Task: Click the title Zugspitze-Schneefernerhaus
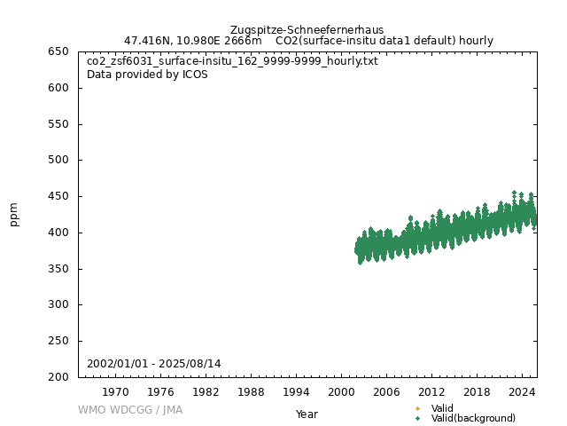click(307, 29)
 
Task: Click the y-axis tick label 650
click(59, 51)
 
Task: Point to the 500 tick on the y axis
click(59, 160)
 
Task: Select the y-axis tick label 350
click(59, 269)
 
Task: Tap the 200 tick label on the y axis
click(59, 377)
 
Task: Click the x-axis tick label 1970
click(115, 391)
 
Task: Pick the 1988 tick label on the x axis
click(251, 391)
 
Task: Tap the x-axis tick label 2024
click(522, 391)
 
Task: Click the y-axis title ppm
click(14, 214)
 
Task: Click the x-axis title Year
click(307, 414)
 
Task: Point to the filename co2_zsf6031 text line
click(232, 61)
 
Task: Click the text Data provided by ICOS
click(147, 75)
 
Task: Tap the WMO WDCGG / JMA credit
click(130, 410)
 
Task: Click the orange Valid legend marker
click(417, 408)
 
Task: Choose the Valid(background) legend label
click(473, 418)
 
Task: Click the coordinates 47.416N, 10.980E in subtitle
click(172, 41)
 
